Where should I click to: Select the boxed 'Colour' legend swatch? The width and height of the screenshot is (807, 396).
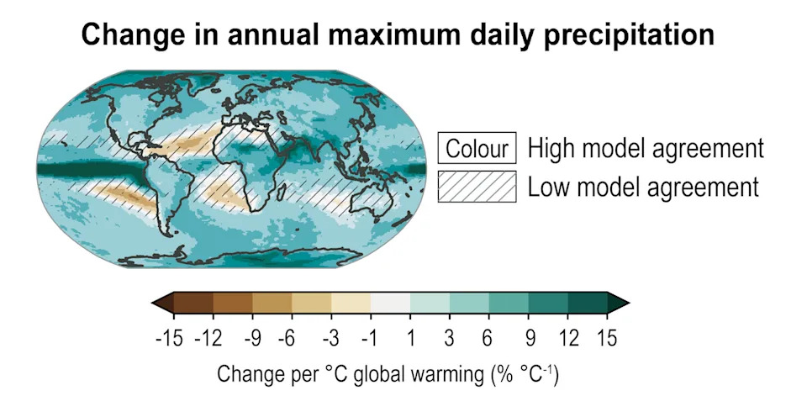click(x=477, y=150)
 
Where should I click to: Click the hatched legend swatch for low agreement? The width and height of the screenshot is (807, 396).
click(x=477, y=186)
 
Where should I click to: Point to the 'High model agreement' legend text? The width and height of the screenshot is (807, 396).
click(x=646, y=149)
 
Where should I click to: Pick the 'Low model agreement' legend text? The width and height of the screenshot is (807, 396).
click(x=643, y=186)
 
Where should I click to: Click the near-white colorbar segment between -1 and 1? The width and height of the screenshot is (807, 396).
click(x=391, y=304)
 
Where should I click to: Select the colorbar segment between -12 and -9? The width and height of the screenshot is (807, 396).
click(x=233, y=304)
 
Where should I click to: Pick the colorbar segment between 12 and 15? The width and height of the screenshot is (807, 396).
click(x=588, y=304)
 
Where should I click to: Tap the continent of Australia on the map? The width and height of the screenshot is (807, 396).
click(x=373, y=200)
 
